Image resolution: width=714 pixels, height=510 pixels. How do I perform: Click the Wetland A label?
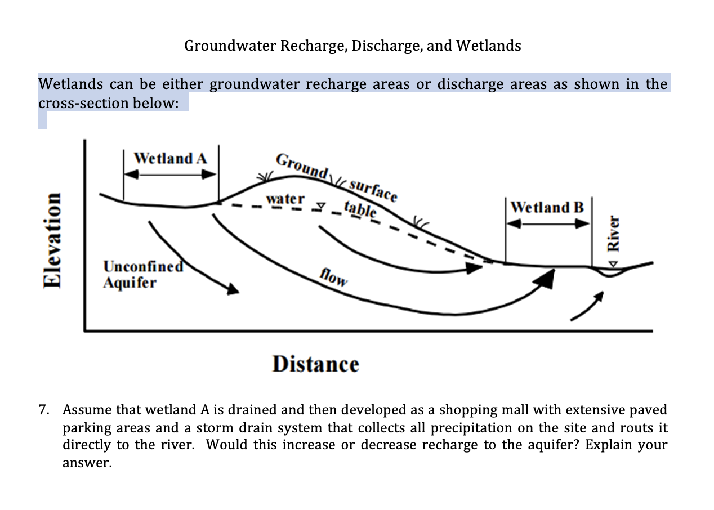pos(170,158)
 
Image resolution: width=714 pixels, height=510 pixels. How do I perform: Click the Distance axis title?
pos(315,364)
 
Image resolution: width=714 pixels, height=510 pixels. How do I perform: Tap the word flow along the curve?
pos(333,277)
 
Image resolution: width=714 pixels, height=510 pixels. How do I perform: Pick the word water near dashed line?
pos(285,199)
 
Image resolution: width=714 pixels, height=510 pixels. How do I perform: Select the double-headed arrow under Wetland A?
pos(170,175)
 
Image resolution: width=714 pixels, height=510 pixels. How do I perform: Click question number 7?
pos(44,409)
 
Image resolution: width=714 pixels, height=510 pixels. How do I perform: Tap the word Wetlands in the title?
pos(488,46)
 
